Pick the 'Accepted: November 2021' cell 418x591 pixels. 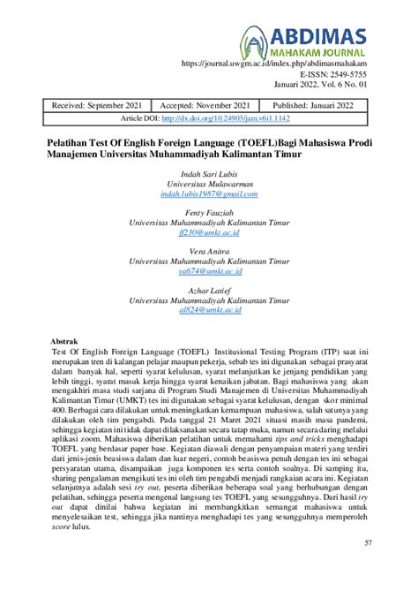pyautogui.click(x=209, y=103)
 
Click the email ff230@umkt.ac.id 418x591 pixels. pyautogui.click(x=208, y=234)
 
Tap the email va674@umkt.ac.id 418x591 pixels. pyautogui.click(x=208, y=273)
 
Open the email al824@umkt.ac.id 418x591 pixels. pyautogui.click(x=208, y=313)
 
